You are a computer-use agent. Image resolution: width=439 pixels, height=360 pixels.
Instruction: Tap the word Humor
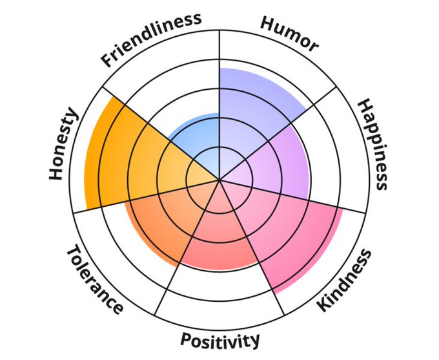289,33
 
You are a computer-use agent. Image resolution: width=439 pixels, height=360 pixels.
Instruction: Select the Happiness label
373,144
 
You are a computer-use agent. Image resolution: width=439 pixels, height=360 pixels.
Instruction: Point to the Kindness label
345,279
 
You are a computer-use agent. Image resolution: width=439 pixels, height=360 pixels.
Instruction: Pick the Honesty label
63,145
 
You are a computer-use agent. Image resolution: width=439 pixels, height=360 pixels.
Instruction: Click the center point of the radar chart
219,179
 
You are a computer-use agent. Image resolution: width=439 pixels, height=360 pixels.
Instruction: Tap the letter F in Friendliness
108,61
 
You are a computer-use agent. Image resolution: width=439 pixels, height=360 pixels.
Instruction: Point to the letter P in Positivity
185,340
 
